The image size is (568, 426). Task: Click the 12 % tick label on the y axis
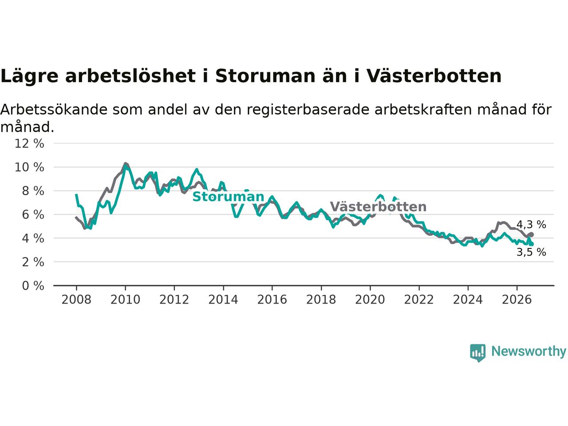click(x=29, y=143)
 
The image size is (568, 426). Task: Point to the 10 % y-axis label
click(x=29, y=167)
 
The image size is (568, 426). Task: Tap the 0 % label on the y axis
click(x=33, y=286)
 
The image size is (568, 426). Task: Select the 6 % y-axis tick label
click(x=33, y=215)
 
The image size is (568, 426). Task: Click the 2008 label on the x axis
click(x=76, y=300)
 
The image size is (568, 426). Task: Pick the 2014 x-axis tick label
click(x=223, y=300)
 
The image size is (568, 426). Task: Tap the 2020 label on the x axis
click(x=370, y=300)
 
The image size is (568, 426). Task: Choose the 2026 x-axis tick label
click(x=517, y=300)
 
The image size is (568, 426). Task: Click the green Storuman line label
click(x=228, y=197)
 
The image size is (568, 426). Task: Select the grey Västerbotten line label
click(x=378, y=207)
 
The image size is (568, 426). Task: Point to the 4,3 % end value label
click(x=531, y=225)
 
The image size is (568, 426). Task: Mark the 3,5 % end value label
click(x=531, y=252)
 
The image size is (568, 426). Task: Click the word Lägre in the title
click(x=29, y=77)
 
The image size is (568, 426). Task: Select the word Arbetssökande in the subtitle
click(x=54, y=110)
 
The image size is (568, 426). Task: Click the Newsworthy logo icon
click(x=477, y=353)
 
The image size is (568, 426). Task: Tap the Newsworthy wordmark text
click(x=529, y=351)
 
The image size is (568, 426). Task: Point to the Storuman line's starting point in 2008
click(x=76, y=194)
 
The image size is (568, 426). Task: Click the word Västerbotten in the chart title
click(x=434, y=76)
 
